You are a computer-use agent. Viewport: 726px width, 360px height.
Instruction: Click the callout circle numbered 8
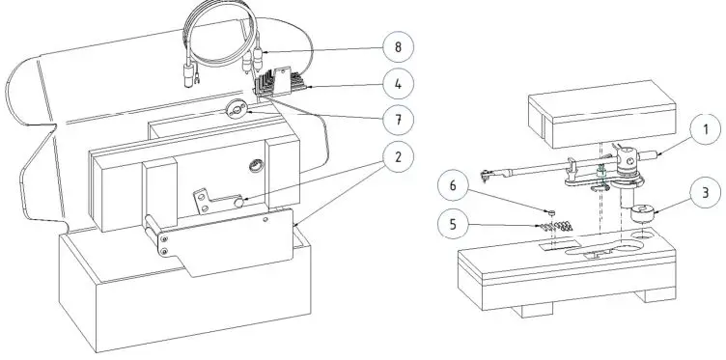pyautogui.click(x=398, y=46)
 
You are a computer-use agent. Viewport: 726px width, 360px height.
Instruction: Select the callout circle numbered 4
pyautogui.click(x=398, y=84)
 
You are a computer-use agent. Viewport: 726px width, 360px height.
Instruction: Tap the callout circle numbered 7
pyautogui.click(x=398, y=120)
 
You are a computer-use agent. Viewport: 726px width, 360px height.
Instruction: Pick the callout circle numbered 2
pyautogui.click(x=398, y=157)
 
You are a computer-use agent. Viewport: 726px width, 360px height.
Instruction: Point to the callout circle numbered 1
pyautogui.click(x=706, y=129)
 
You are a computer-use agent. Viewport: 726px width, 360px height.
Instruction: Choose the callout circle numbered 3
pyautogui.click(x=706, y=192)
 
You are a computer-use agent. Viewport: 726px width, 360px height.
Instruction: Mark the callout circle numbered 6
pyautogui.click(x=453, y=185)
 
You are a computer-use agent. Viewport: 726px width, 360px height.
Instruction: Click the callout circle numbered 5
pyautogui.click(x=453, y=224)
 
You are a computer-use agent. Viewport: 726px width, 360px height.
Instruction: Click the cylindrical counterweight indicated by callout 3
pyautogui.click(x=643, y=214)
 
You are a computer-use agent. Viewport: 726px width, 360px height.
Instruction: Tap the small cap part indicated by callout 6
pyautogui.click(x=551, y=212)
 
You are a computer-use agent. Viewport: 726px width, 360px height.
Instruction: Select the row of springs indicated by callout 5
pyautogui.click(x=555, y=227)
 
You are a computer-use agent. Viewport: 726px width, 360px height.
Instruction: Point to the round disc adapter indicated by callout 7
pyautogui.click(x=237, y=110)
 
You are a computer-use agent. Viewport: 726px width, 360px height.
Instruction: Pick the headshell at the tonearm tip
pyautogui.click(x=488, y=175)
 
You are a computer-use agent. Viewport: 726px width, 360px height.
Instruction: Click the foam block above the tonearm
pyautogui.click(x=601, y=113)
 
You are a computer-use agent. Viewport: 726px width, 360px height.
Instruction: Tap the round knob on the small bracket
pyautogui.click(x=238, y=203)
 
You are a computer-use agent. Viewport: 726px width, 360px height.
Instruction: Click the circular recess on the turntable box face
pyautogui.click(x=257, y=165)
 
